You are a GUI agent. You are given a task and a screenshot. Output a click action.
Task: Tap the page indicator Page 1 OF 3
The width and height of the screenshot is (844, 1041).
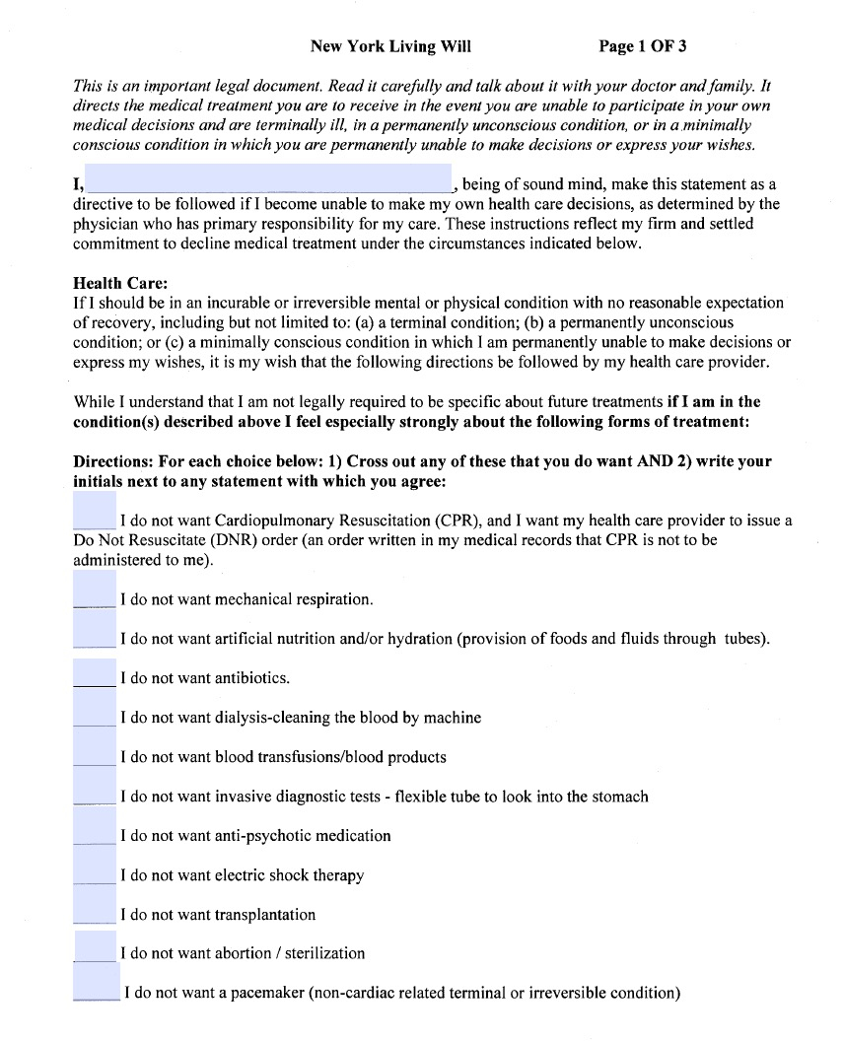click(x=643, y=46)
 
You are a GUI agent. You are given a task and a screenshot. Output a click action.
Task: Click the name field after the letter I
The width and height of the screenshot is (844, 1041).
click(x=268, y=179)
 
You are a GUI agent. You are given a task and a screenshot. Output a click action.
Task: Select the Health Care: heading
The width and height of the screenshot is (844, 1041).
click(x=120, y=284)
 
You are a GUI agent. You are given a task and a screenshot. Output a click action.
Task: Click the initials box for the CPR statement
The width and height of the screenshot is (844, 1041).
click(x=95, y=512)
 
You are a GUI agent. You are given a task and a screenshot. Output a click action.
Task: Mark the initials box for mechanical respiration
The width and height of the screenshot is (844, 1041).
click(x=95, y=591)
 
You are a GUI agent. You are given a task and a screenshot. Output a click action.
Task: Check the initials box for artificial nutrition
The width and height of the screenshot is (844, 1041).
click(x=95, y=631)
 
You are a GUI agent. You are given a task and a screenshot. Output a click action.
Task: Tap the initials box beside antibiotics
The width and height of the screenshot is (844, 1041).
click(x=95, y=670)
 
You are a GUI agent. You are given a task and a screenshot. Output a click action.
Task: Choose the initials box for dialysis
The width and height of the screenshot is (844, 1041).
click(x=95, y=710)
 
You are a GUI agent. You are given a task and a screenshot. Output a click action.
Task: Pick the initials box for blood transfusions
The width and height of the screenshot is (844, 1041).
click(x=95, y=749)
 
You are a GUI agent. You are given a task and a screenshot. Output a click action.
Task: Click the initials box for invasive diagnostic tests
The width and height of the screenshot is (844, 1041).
click(x=95, y=789)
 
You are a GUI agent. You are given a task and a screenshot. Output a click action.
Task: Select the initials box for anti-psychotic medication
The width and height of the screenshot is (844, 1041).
click(x=95, y=828)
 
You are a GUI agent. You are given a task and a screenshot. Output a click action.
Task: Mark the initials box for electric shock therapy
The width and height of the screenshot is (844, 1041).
click(x=95, y=867)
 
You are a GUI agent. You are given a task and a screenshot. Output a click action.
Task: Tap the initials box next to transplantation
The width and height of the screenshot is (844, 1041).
click(x=95, y=907)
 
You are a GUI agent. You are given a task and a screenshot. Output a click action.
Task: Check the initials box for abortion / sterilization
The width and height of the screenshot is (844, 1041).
click(x=95, y=946)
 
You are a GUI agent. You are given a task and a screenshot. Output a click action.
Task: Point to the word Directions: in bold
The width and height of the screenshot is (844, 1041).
click(x=112, y=461)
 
